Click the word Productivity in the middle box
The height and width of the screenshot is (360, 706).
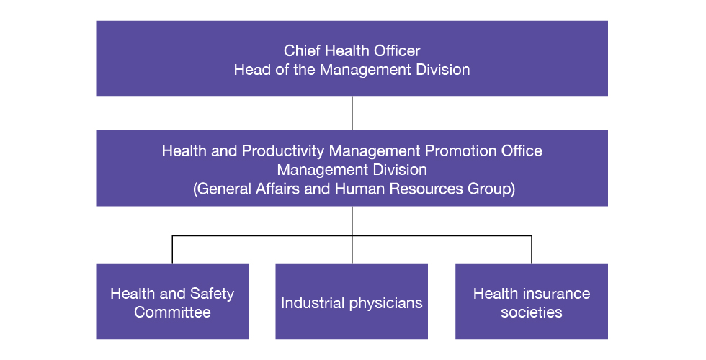point(282,150)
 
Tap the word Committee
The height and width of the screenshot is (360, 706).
point(172,312)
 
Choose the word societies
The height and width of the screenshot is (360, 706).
point(532,312)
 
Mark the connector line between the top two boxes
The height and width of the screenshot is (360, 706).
point(352,114)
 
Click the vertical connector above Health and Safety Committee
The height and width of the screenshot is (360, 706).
point(172,249)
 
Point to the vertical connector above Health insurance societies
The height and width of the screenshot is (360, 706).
point(532,249)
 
